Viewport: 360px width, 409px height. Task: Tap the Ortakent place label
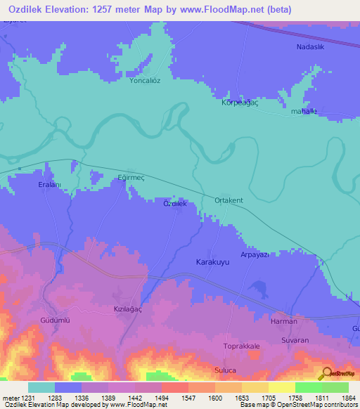pyautogui.click(x=229, y=201)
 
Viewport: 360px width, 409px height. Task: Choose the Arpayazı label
pyautogui.click(x=256, y=254)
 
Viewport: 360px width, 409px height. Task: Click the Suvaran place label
pyautogui.click(x=294, y=340)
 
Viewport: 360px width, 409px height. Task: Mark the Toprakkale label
pyautogui.click(x=242, y=347)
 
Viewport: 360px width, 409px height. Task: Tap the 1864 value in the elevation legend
pyautogui.click(x=348, y=398)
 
